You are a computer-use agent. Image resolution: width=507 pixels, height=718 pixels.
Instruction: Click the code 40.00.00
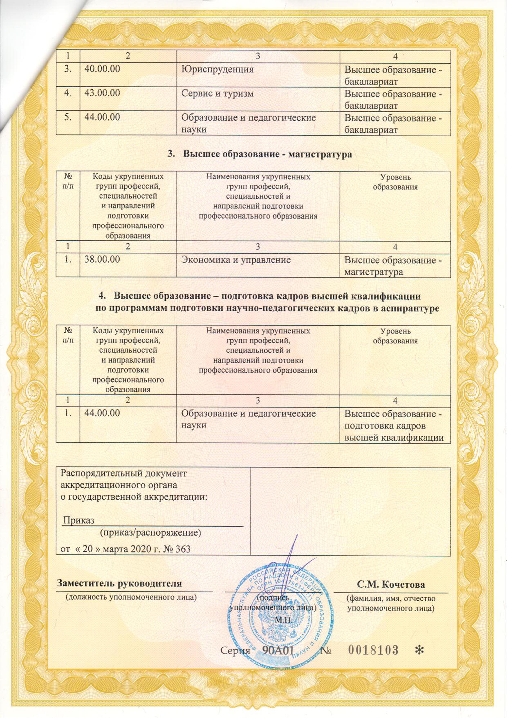point(102,69)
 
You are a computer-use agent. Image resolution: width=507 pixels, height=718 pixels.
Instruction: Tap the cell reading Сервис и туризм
point(218,94)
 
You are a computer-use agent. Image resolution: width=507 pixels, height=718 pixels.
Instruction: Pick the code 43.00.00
point(102,94)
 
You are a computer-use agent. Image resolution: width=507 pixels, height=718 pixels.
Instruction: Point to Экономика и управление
point(236,260)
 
